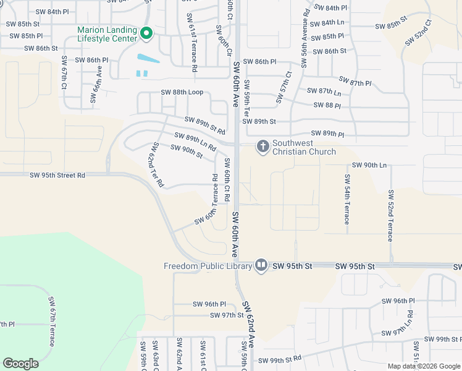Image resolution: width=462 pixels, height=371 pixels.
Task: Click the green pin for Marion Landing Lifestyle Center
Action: [146, 33]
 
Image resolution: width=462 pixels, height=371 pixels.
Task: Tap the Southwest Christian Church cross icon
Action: [262, 147]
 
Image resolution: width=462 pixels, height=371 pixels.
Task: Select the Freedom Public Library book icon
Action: [261, 266]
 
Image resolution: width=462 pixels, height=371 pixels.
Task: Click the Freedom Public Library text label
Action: [208, 267]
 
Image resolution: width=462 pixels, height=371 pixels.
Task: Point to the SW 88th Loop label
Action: [182, 92]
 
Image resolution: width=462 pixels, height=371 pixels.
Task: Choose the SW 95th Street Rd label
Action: [57, 176]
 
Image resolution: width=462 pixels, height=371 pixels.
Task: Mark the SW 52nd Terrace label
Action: [390, 215]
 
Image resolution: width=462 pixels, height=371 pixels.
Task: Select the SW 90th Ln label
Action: [369, 165]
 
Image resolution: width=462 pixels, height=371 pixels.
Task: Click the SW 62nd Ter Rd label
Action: [157, 164]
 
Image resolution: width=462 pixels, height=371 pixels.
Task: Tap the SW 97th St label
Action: [227, 315]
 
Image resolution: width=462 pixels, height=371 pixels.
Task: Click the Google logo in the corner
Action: [20, 364]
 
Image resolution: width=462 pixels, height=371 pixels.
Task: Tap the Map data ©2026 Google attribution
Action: [423, 366]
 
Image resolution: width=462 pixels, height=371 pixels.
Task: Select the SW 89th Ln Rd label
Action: [195, 142]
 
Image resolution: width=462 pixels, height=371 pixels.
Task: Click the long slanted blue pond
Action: [147, 59]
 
